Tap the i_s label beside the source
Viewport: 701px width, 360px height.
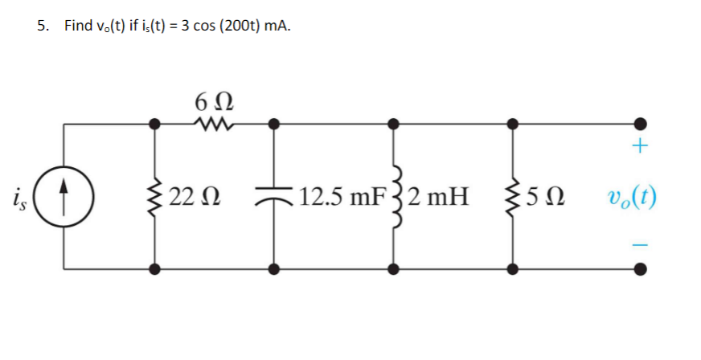pyautogui.click(x=19, y=195)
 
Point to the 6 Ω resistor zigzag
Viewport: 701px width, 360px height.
pyautogui.click(x=214, y=124)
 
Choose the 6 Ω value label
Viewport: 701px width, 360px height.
pyautogui.click(x=214, y=101)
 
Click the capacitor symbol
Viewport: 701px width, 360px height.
pyautogui.click(x=274, y=196)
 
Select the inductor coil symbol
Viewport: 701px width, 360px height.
pyautogui.click(x=393, y=196)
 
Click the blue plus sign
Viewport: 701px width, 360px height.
pyautogui.click(x=640, y=147)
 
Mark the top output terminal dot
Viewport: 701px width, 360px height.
pyautogui.click(x=640, y=124)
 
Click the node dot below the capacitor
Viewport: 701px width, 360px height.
pyautogui.click(x=274, y=268)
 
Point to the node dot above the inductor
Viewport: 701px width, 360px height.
pyautogui.click(x=393, y=124)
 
